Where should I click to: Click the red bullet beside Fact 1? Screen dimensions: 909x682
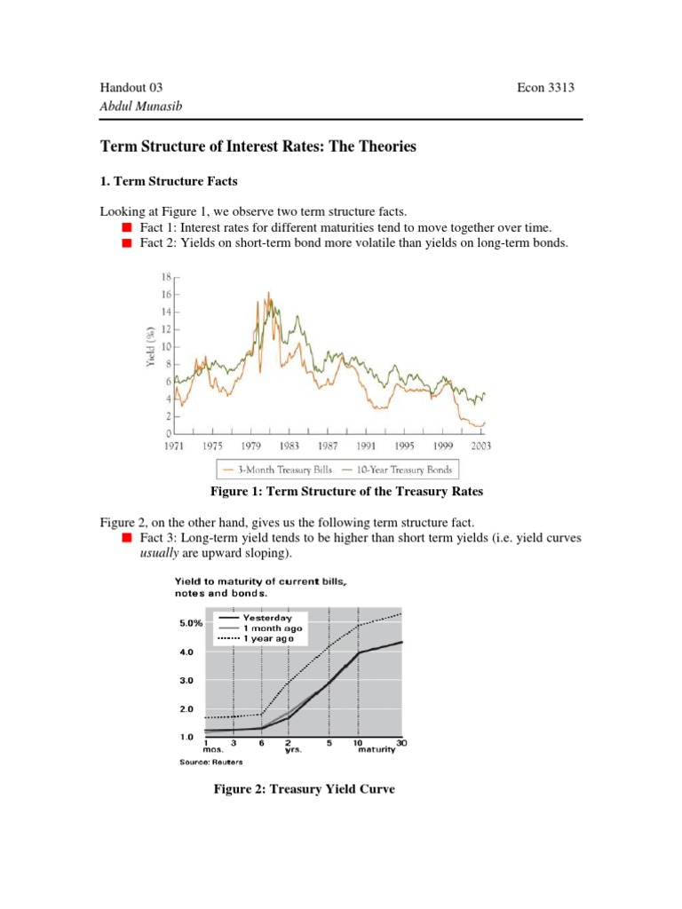click(127, 228)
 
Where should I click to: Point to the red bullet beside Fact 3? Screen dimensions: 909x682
click(127, 538)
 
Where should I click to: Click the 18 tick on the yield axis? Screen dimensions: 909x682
click(165, 277)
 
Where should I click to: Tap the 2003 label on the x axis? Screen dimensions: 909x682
click(483, 446)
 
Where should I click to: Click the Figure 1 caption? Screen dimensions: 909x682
click(340, 492)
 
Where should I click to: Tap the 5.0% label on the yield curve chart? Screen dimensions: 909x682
click(178, 622)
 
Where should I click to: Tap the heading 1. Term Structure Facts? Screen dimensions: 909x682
click(169, 182)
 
